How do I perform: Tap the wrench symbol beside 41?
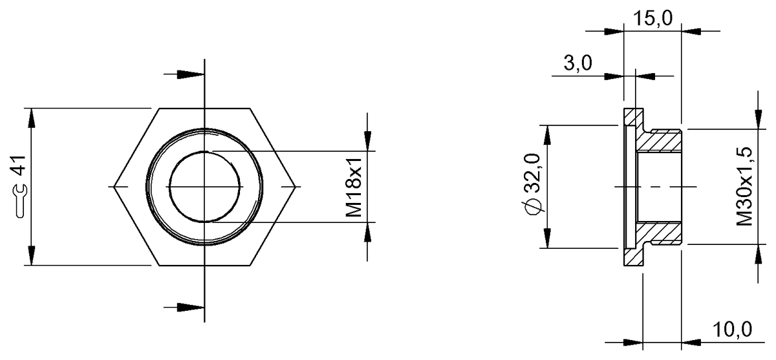tap(20, 198)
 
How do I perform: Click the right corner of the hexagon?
tap(297, 187)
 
